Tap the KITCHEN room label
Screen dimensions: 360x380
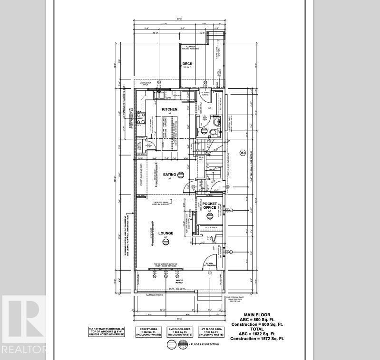coord(169,109)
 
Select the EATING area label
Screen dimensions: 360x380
coord(169,175)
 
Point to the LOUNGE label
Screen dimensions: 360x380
coord(166,233)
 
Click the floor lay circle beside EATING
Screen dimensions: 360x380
coord(183,175)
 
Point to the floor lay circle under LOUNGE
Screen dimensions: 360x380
coord(166,243)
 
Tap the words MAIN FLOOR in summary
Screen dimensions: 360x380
coord(256,315)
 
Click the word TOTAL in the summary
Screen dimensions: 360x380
coord(256,329)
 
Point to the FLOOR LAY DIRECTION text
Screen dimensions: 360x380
coord(205,344)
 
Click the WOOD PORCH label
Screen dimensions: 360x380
coord(179,281)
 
